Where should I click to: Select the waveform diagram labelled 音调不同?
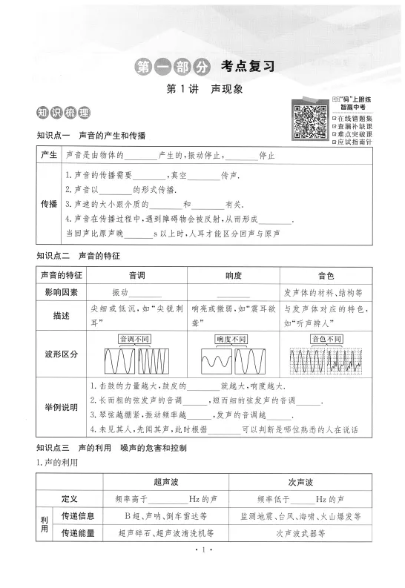[137, 355]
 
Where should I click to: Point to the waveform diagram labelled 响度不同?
[233, 355]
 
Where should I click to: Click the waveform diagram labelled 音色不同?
[326, 355]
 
